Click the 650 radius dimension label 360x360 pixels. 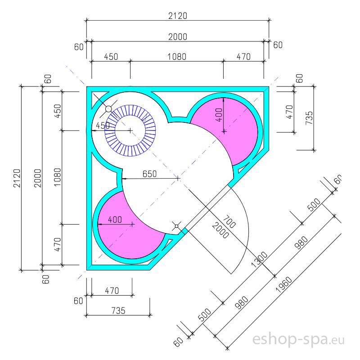[149, 174]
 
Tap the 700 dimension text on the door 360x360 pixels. [229, 221]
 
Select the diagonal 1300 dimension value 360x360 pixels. [260, 260]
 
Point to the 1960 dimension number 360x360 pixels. [284, 284]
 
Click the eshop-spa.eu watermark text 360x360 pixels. [298, 339]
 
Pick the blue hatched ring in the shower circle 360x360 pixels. [130, 130]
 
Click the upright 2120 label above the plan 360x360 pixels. [178, 16]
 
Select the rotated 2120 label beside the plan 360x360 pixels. [17, 178]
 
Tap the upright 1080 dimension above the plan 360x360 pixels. [177, 57]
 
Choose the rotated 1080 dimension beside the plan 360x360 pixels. [58, 177]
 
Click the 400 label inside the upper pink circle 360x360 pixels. [219, 115]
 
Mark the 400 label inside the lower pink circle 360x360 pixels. [115, 220]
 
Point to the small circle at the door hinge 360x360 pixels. [176, 226]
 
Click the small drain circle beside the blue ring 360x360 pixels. [108, 109]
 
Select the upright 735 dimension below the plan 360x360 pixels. [118, 310]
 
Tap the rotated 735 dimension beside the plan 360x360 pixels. [309, 118]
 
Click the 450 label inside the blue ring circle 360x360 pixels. [103, 126]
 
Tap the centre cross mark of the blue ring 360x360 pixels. [130, 130]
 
